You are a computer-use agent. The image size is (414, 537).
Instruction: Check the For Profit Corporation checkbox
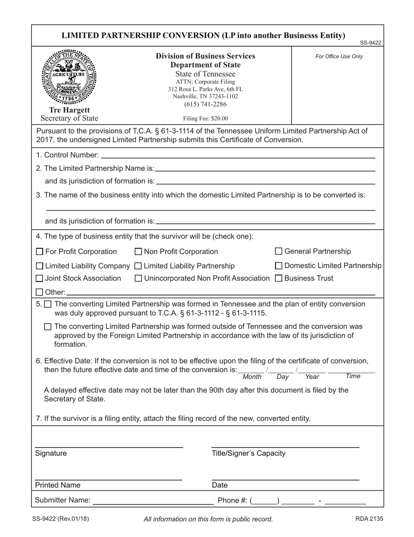(x=40, y=251)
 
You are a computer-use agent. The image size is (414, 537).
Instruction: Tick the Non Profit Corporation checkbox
(x=139, y=251)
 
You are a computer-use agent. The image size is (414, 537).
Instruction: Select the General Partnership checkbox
(x=279, y=251)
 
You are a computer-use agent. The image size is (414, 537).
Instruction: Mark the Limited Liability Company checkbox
(x=40, y=266)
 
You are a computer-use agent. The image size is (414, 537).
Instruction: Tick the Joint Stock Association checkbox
(x=40, y=279)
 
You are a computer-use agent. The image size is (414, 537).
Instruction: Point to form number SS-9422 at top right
(x=370, y=43)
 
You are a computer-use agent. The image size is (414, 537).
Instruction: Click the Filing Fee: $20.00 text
(x=205, y=118)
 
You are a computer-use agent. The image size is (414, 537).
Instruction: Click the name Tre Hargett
(x=70, y=110)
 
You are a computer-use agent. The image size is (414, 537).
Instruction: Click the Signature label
(x=51, y=453)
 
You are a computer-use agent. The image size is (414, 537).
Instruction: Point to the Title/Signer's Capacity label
(x=248, y=453)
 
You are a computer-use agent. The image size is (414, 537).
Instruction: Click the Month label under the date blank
(x=252, y=377)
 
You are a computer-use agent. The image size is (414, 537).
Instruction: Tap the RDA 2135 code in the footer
(x=370, y=519)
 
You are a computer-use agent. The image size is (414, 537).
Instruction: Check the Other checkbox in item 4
(x=40, y=292)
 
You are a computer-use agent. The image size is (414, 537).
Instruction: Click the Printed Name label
(x=58, y=485)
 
